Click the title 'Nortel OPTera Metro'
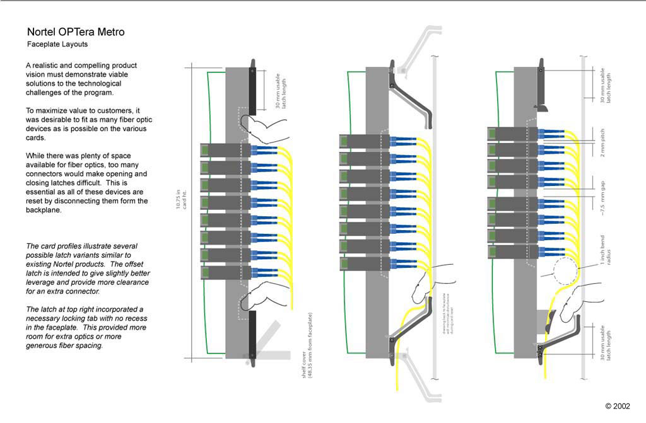coord(75,32)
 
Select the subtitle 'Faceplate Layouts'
coord(57,45)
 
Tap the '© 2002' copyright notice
coord(618,406)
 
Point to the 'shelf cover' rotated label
coord(307,349)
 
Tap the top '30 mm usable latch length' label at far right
coord(605,86)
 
